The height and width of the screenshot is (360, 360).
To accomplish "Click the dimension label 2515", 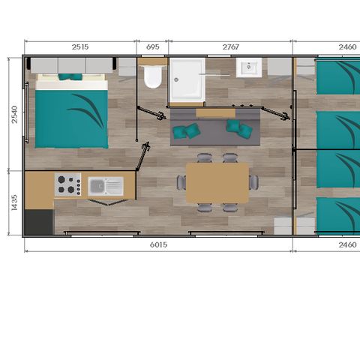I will tap(80, 46).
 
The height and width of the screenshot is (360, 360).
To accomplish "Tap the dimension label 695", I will tap(152, 46).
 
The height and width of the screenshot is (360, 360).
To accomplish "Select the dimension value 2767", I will tap(231, 46).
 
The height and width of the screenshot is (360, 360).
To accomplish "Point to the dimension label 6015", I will tap(157, 244).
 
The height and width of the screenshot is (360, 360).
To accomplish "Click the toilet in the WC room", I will tap(153, 76).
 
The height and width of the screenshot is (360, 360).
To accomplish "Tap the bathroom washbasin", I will tap(248, 70).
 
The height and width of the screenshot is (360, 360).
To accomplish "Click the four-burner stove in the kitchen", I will tap(67, 184).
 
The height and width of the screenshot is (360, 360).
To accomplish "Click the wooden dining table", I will tap(217, 182).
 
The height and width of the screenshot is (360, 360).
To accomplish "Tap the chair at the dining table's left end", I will tap(181, 182).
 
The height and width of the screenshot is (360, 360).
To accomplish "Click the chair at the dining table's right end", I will tap(254, 182).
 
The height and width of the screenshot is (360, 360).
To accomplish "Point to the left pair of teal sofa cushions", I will tap(186, 132).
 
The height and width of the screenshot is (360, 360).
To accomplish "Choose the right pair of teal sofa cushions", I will tap(239, 128).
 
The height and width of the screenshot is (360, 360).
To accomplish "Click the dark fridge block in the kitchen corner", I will tap(39, 221).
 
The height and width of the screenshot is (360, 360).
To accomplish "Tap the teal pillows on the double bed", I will tap(71, 77).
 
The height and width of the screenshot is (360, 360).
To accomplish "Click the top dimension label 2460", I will tap(346, 46).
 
